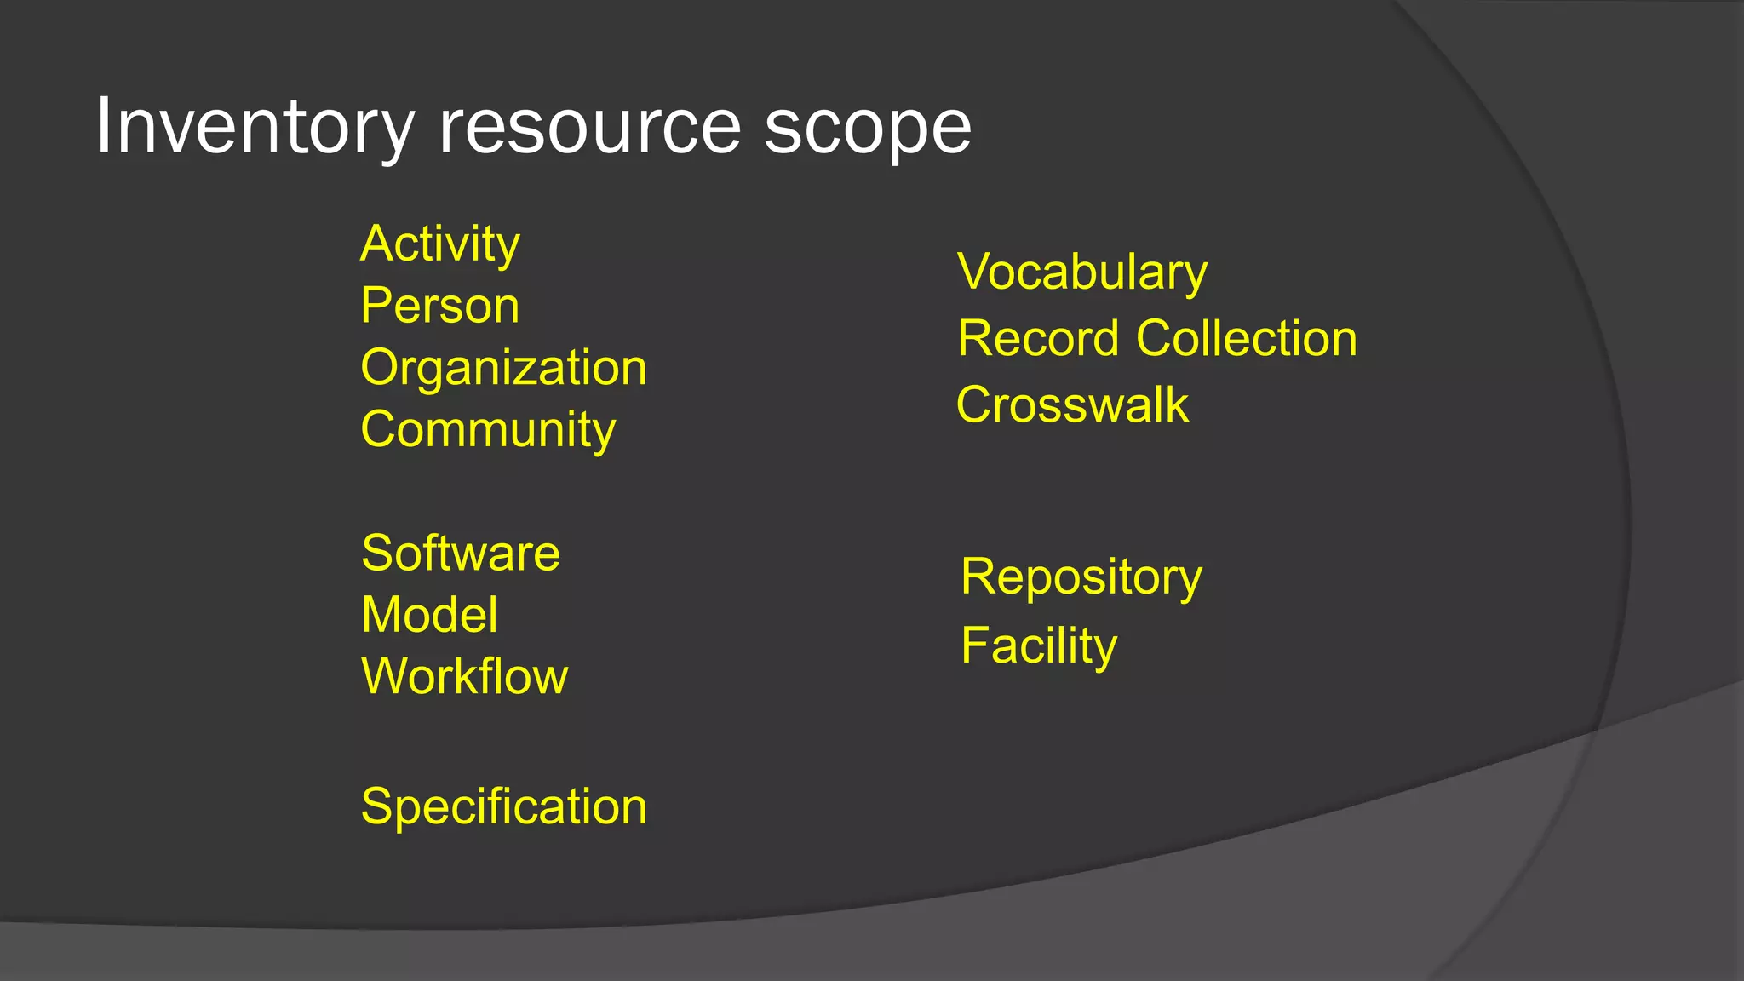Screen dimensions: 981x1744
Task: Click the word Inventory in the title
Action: (x=254, y=128)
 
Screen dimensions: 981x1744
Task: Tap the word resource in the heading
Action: (x=589, y=128)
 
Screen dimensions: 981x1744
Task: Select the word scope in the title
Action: (x=867, y=128)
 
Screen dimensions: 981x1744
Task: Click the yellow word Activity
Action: (x=439, y=244)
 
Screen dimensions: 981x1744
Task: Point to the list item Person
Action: (x=439, y=306)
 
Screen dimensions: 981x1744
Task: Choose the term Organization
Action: (x=503, y=368)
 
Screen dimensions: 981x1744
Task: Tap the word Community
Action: (x=487, y=429)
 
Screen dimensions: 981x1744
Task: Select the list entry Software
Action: (x=461, y=554)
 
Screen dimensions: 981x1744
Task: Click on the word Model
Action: (x=429, y=615)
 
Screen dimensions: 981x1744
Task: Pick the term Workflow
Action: (x=464, y=677)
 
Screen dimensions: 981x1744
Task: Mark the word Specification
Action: (x=503, y=806)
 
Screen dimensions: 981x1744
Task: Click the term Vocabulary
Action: (x=1081, y=272)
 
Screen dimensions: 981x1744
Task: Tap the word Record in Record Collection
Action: (x=1037, y=339)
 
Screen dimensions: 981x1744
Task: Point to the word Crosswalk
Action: (x=1072, y=404)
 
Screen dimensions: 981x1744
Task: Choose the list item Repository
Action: (x=1081, y=578)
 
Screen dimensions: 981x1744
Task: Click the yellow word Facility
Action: (x=1038, y=645)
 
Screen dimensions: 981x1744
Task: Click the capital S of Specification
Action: (x=376, y=806)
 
